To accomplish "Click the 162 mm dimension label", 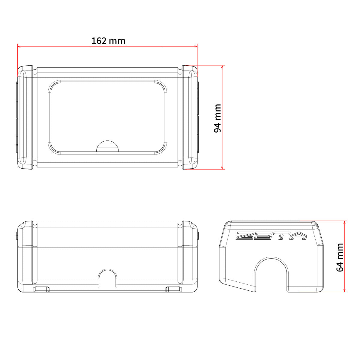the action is pos(108,41).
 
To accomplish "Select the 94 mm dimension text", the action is pos(217,118).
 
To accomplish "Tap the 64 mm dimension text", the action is pos(340,257).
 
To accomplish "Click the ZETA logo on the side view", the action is pos(271,236).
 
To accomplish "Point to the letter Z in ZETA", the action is pos(244,236).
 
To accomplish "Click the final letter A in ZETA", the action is pos(298,236).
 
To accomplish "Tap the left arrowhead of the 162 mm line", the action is pos(19,46).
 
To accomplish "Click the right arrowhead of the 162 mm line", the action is pos(196,46).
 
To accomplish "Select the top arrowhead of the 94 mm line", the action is pos(222,67).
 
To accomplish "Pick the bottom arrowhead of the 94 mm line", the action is pos(222,168).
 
